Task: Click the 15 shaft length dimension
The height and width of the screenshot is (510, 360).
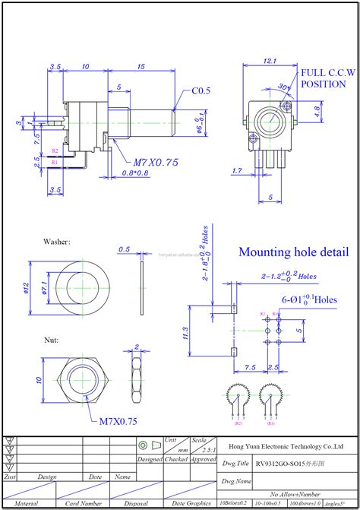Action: [x=142, y=66]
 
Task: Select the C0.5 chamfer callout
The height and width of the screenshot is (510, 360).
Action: [x=201, y=90]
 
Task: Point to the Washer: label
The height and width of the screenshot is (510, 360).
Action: [x=57, y=242]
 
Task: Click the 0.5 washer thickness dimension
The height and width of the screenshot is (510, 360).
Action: [x=125, y=249]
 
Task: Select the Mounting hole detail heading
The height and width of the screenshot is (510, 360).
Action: [x=294, y=252]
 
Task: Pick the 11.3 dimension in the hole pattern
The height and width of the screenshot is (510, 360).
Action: [x=186, y=332]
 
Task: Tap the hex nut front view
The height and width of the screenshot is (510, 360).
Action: [x=80, y=379]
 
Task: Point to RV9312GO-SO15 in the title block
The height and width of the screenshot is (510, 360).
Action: [x=276, y=461]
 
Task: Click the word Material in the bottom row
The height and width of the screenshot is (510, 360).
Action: [x=27, y=503]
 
